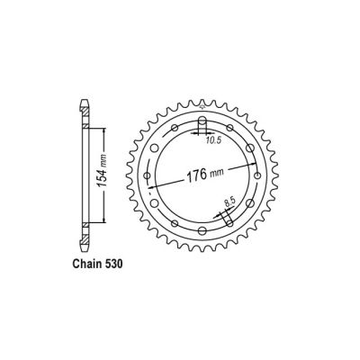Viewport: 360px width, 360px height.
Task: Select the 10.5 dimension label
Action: click(211, 139)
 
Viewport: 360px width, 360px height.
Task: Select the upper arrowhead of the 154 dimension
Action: click(104, 127)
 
